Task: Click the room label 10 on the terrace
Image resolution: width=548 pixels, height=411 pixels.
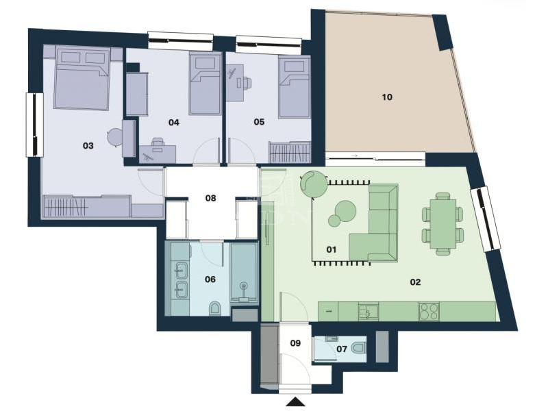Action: (387, 97)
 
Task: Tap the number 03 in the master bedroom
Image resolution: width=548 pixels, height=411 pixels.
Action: (88, 145)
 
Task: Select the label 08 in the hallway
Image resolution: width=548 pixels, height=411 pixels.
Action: (210, 198)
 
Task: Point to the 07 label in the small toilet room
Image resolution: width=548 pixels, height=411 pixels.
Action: (342, 349)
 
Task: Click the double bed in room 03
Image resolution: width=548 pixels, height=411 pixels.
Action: (82, 79)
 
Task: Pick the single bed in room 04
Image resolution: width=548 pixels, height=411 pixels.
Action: (206, 84)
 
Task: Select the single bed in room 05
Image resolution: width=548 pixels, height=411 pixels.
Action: (295, 88)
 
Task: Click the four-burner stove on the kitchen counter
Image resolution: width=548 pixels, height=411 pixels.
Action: (429, 311)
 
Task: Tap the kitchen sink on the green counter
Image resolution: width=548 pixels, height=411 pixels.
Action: (369, 311)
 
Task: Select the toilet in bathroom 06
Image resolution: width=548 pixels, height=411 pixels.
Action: (214, 308)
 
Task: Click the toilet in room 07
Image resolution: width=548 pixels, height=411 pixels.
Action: (358, 348)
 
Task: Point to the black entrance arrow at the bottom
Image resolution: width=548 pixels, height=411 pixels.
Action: (296, 401)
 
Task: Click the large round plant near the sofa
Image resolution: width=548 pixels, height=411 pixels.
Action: (314, 184)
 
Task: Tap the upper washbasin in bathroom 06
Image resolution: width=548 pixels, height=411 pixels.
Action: (182, 270)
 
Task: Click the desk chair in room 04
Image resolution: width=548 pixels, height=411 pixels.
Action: (158, 145)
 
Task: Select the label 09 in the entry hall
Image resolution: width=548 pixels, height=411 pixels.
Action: (295, 343)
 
